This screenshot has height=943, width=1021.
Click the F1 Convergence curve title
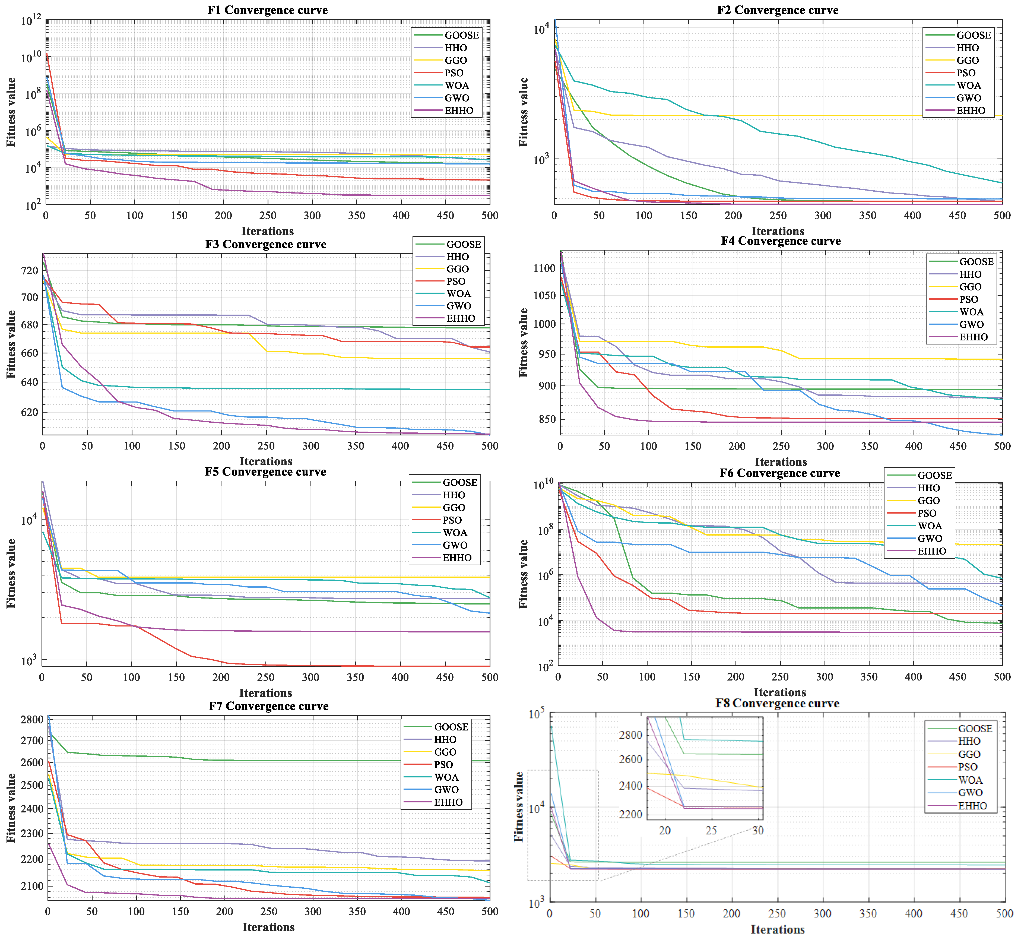(x=267, y=10)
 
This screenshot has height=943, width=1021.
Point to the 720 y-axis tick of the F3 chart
(x=30, y=270)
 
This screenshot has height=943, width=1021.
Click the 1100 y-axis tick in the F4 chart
(x=543, y=268)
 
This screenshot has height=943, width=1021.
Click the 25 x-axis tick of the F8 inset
(x=711, y=830)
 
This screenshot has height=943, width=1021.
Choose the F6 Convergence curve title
(x=780, y=473)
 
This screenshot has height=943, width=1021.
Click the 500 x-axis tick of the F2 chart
(x=1002, y=215)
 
